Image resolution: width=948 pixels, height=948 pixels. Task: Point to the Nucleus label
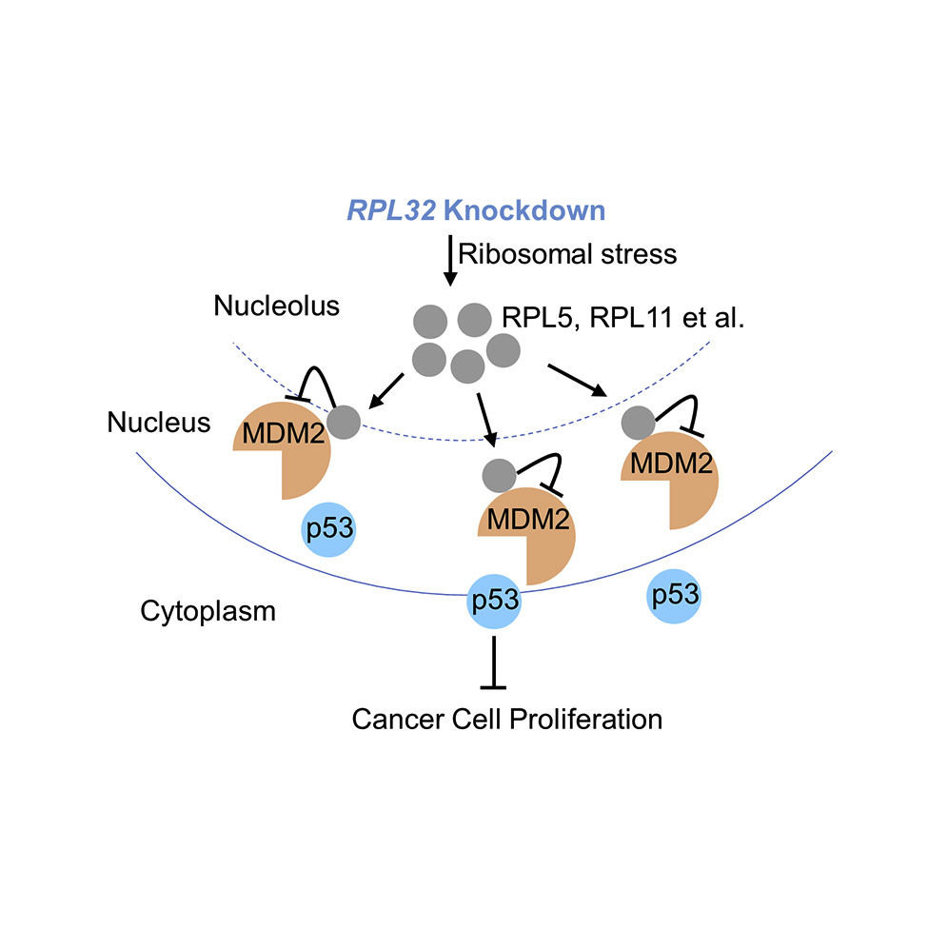click(x=158, y=422)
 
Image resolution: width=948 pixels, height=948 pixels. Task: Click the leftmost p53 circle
click(x=329, y=529)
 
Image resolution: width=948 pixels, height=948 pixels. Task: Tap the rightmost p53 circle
click(x=674, y=595)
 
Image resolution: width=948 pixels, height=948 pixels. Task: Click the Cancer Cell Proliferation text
click(x=506, y=718)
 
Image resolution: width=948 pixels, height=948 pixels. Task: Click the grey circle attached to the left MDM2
click(x=344, y=420)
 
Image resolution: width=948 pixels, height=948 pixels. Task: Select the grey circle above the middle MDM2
click(x=500, y=473)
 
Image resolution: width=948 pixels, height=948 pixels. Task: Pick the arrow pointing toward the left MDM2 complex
click(x=385, y=386)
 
